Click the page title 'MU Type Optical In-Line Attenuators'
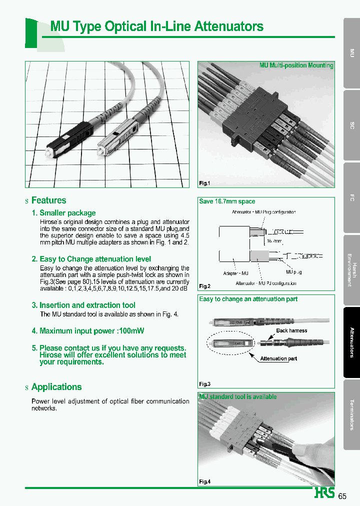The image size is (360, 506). coord(157,26)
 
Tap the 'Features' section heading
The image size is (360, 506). coord(48,200)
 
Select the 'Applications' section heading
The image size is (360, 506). coord(56,387)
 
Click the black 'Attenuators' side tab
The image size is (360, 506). coord(351,342)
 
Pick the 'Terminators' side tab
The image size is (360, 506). coord(351,414)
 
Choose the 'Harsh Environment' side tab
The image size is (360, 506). coord(351,270)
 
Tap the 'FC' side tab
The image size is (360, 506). coord(351,198)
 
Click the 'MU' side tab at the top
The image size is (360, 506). coord(351,52)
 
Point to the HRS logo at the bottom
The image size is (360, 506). coord(324,493)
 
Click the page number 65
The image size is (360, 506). coord(342,496)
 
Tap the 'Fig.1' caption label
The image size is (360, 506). coord(204,183)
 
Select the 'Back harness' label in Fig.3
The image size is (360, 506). coord(291,330)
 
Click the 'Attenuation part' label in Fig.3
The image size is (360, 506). coord(278,358)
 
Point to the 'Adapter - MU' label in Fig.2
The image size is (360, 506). coord(235,273)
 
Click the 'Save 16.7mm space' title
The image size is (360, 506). coord(227,201)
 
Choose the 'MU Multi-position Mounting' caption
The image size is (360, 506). coord(296,65)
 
